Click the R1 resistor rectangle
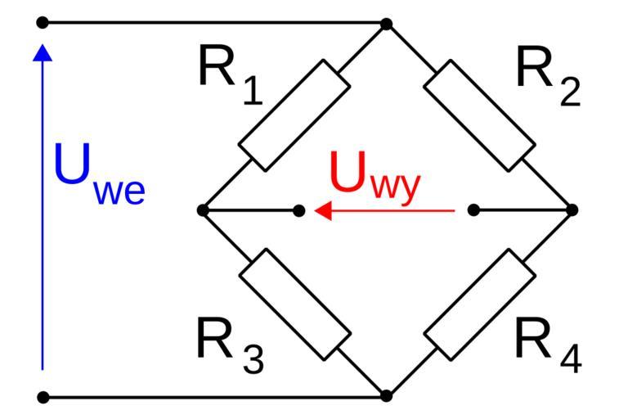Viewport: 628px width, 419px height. pyautogui.click(x=294, y=115)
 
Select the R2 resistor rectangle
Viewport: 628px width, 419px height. pyautogui.click(x=480, y=115)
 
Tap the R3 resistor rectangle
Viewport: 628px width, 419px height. pyautogui.click(x=294, y=304)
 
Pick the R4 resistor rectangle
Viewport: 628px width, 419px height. pyautogui.click(x=480, y=304)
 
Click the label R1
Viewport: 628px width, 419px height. pyautogui.click(x=230, y=74)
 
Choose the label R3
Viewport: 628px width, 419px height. pyautogui.click(x=230, y=344)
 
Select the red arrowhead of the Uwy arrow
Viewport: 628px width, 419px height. pyautogui.click(x=324, y=211)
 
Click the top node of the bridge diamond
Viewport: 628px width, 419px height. pyautogui.click(x=387, y=24)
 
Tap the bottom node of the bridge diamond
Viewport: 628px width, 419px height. pyautogui.click(x=387, y=397)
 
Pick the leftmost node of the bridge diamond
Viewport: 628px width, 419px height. pyautogui.click(x=203, y=211)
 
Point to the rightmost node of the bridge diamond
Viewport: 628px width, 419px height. pyautogui.click(x=572, y=210)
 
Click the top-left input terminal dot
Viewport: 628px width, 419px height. pyautogui.click(x=43, y=22)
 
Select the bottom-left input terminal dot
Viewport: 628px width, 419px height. pyautogui.click(x=43, y=398)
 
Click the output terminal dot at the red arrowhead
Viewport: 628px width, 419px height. pyautogui.click(x=299, y=211)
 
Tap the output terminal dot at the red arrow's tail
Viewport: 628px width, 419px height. pyautogui.click(x=473, y=210)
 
